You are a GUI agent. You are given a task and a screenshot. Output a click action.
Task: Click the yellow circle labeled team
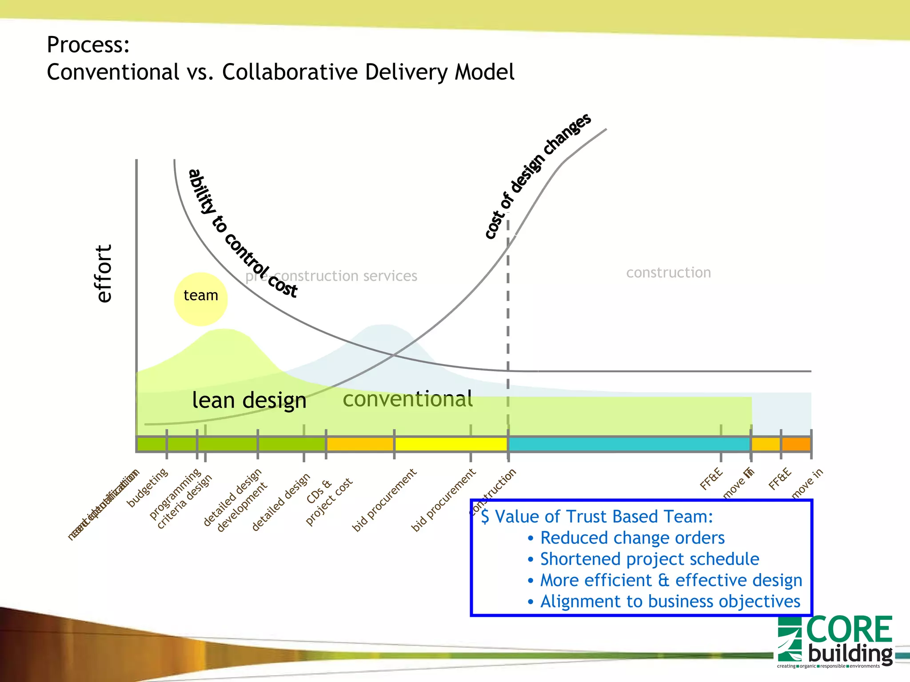click(x=201, y=299)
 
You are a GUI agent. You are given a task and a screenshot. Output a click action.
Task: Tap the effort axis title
click(x=104, y=274)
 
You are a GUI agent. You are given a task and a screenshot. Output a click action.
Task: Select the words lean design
click(x=249, y=400)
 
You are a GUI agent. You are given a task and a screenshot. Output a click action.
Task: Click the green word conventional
click(x=407, y=399)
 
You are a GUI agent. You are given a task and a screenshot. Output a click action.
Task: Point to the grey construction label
click(x=668, y=272)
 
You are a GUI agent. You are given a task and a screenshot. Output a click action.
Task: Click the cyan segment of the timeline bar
click(x=629, y=444)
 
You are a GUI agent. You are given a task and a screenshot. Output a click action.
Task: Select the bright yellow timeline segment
click(x=451, y=444)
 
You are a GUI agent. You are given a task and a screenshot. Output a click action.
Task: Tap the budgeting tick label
click(x=148, y=487)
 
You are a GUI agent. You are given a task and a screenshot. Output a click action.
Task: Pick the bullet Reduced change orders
click(x=632, y=538)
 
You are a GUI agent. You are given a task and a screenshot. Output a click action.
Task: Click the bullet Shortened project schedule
click(x=649, y=559)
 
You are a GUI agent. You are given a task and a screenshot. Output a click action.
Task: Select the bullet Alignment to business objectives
click(x=670, y=602)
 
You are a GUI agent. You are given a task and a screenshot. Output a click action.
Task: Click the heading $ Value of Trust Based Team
click(x=597, y=516)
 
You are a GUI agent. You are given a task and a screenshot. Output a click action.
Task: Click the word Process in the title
click(x=88, y=44)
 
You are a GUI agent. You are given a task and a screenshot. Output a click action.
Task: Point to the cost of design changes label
click(x=537, y=176)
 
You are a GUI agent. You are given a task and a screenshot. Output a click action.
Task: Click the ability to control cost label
click(x=242, y=234)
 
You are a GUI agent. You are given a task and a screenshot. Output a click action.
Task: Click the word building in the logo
click(x=850, y=654)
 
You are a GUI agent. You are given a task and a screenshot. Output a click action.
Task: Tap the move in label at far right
click(x=807, y=483)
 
